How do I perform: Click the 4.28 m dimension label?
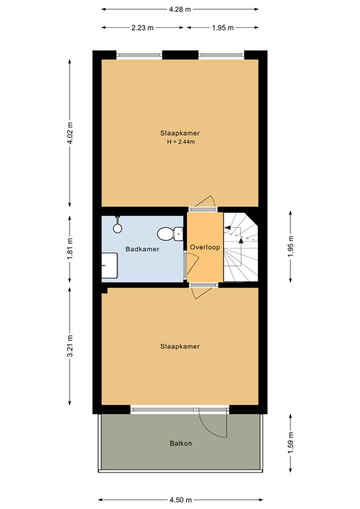[x=180, y=9]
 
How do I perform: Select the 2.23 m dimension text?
[x=142, y=28]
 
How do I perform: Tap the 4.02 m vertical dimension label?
[x=70, y=133]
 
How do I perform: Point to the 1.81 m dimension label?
[x=70, y=249]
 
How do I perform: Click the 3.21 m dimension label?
[x=70, y=346]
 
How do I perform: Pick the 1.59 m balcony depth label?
[x=290, y=443]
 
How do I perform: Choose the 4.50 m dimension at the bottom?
[x=180, y=500]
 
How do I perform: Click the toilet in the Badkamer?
[x=170, y=234]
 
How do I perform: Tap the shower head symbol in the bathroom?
[x=117, y=225]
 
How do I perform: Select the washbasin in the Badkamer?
[x=109, y=266]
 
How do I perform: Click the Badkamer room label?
[x=142, y=249]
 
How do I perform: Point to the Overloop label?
[x=205, y=247]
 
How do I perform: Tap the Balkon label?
[x=180, y=443]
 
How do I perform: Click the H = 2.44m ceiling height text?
[x=181, y=142]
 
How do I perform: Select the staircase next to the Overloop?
[x=241, y=247]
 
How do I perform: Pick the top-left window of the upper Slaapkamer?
[x=139, y=55]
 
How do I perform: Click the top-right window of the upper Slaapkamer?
[x=221, y=55]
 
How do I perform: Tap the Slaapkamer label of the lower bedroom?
[x=180, y=347]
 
